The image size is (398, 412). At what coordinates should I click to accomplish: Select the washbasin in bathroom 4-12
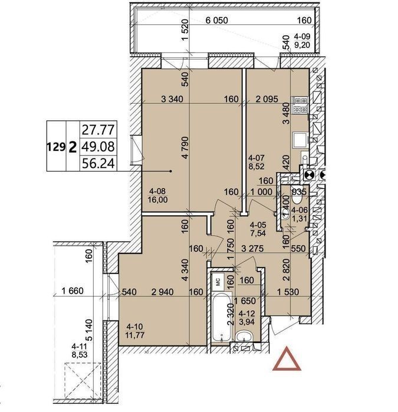coord(244,337)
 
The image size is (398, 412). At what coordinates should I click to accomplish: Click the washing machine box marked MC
coord(218,281)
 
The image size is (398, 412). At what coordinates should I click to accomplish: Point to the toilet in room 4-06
coord(297,199)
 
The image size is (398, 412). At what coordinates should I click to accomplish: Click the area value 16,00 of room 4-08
coord(158,200)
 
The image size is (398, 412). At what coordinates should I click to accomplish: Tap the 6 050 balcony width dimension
coord(216,20)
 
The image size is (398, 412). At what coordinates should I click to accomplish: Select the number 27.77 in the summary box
coord(98,130)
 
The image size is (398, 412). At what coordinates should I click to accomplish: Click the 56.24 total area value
coord(98,164)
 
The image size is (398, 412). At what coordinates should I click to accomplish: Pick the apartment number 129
coord(56,147)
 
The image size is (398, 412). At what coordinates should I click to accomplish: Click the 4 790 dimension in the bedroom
coord(185,147)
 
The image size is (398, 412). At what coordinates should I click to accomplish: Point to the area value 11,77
coord(136,335)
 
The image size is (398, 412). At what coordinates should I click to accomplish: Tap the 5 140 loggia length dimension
coord(89,330)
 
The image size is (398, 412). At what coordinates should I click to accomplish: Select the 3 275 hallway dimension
coord(252,248)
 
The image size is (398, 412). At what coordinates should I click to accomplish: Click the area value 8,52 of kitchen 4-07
coord(256,166)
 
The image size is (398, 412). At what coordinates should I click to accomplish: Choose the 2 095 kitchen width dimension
coord(267,99)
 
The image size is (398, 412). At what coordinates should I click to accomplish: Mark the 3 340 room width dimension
coord(172,99)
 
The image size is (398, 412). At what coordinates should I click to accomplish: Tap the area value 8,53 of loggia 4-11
coord(80,355)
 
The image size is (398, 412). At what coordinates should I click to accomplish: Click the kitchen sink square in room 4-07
coord(300,139)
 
